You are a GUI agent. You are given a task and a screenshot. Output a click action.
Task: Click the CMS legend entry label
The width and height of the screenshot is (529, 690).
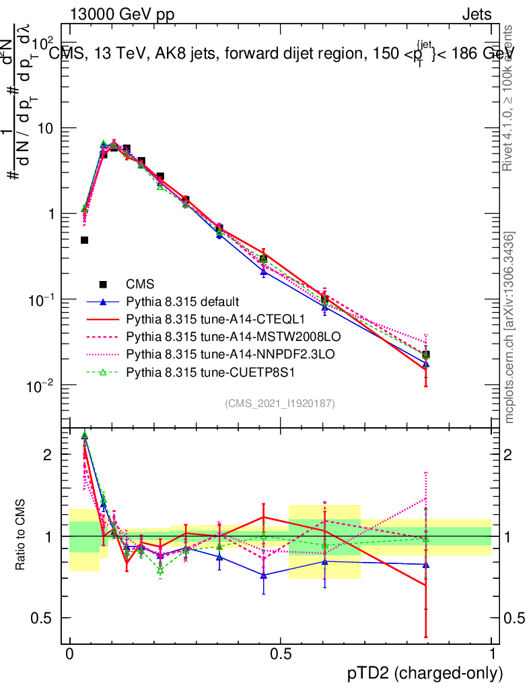140,284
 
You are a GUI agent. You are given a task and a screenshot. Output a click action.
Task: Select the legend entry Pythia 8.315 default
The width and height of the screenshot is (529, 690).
182,301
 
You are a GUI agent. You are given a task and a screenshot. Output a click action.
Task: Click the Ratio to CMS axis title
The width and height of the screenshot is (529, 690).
21,536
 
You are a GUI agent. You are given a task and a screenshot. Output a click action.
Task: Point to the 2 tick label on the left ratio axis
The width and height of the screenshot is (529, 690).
48,454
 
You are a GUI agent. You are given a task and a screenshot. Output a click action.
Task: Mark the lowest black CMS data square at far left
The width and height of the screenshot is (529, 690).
85,240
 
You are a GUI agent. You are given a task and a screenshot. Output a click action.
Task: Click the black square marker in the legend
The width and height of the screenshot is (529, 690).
103,284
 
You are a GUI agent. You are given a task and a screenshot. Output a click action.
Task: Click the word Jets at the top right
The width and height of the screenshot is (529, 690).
477,14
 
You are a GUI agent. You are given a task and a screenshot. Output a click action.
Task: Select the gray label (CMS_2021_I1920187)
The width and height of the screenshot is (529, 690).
280,403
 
